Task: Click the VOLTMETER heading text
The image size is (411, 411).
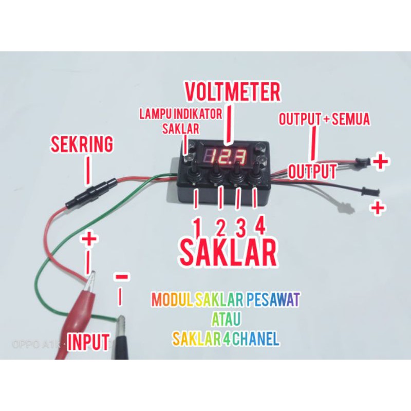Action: point(232,92)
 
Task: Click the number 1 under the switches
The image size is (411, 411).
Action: point(197,226)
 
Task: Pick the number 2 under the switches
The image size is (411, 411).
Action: point(220,226)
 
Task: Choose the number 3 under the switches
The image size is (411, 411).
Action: point(240,226)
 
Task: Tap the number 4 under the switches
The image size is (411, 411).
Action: point(260,226)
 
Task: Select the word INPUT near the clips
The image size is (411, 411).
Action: point(88,341)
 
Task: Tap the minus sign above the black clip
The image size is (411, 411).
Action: point(122,276)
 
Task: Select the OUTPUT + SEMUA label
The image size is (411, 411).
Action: point(324,120)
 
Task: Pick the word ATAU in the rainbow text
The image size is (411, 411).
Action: point(226,319)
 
